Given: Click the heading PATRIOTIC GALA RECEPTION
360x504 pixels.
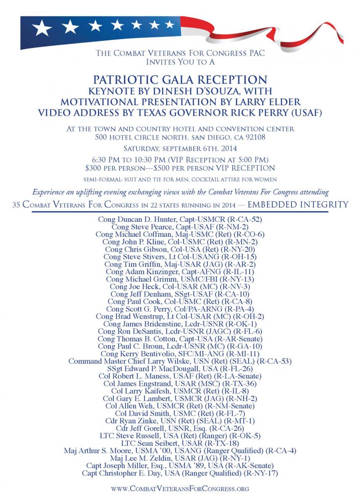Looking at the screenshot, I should tap(179, 80).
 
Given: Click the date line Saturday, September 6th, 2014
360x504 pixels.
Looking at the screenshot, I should tap(179, 148).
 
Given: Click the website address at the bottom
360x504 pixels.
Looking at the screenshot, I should tap(179, 488).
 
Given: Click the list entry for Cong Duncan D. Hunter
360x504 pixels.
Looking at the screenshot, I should tap(179, 219).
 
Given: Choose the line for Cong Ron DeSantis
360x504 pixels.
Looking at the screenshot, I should tap(179, 331).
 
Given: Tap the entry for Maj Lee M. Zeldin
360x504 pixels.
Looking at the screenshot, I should tap(179, 458).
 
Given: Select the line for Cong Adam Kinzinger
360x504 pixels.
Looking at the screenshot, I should tap(179, 271).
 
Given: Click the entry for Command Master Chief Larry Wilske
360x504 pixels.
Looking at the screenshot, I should tap(179, 361).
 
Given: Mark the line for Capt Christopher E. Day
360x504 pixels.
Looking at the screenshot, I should tap(179, 473).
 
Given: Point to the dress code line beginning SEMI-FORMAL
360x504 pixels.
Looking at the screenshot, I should tap(179, 179).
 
